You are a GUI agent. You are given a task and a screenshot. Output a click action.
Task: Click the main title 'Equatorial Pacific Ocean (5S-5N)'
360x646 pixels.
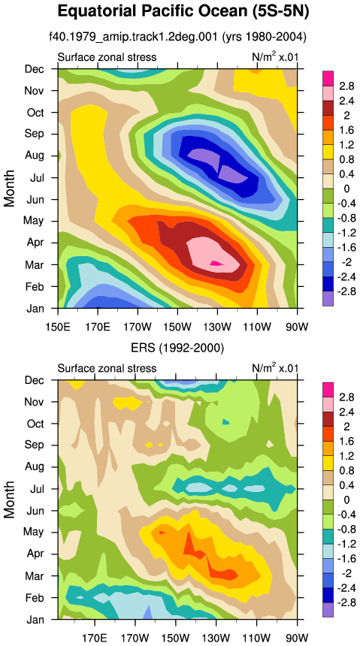pyautogui.click(x=183, y=11)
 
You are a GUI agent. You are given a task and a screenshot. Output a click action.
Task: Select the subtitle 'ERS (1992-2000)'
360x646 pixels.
pyautogui.click(x=177, y=349)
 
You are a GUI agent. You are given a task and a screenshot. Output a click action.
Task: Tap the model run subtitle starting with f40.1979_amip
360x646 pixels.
pyautogui.click(x=177, y=37)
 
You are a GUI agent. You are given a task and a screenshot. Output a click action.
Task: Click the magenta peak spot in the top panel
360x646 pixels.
pyautogui.click(x=216, y=263)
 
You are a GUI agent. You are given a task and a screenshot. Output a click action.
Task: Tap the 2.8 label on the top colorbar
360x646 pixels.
pyautogui.click(x=347, y=86)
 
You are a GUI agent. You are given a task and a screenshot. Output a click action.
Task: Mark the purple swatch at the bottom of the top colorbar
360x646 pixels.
pyautogui.click(x=328, y=298)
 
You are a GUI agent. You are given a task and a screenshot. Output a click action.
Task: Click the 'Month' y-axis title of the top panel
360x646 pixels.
pyautogui.click(x=9, y=189)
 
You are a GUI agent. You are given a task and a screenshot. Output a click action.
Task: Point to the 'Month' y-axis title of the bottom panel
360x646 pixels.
pyautogui.click(x=9, y=500)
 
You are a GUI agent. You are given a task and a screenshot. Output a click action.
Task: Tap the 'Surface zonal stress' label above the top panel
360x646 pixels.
pyautogui.click(x=107, y=57)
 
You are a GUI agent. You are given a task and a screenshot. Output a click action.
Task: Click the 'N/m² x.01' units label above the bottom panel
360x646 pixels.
pyautogui.click(x=274, y=368)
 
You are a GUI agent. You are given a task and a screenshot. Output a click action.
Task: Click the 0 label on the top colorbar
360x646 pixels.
pyautogui.click(x=347, y=189)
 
